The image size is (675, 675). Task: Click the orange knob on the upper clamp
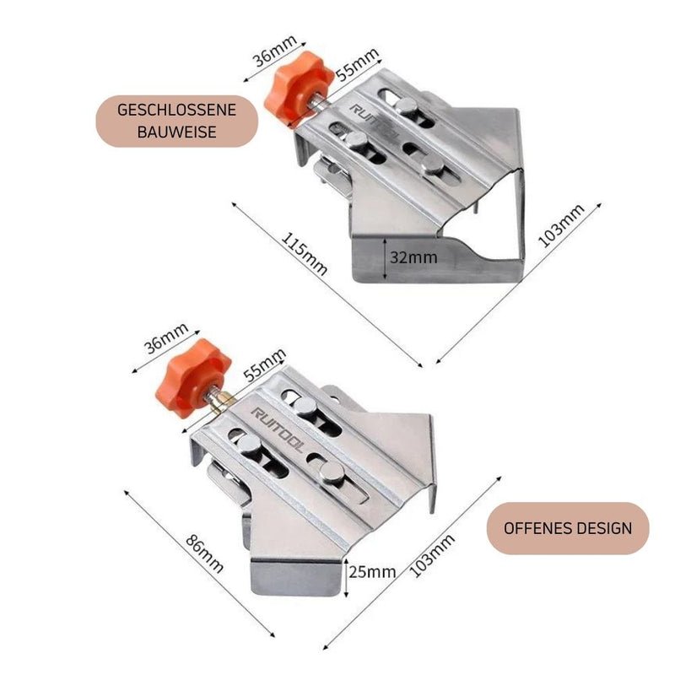click(x=298, y=89)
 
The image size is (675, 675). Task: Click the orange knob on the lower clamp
click(x=192, y=377)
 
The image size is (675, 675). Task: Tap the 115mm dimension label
click(x=304, y=254)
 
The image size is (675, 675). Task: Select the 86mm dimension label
click(x=204, y=553)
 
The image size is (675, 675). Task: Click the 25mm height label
click(x=372, y=572)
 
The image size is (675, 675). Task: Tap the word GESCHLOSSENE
click(x=176, y=110)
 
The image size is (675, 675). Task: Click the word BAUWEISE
click(x=176, y=132)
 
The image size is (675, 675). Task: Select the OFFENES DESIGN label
click(x=568, y=528)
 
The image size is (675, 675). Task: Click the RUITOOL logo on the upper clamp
click(x=373, y=121)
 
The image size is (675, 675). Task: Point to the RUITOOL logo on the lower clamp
click(x=277, y=429)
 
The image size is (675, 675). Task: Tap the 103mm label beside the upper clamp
click(x=561, y=225)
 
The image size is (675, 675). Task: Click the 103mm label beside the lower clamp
click(x=432, y=555)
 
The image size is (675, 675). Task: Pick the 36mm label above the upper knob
click(x=276, y=51)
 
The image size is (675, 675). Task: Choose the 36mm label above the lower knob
click(x=166, y=338)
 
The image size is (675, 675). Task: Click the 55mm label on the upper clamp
click(x=357, y=65)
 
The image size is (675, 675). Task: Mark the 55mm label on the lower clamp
click(x=264, y=365)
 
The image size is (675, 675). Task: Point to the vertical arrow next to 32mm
click(x=384, y=259)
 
